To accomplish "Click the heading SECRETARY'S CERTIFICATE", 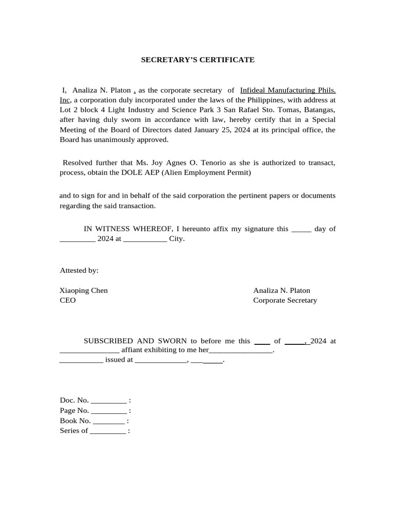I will click(198, 60).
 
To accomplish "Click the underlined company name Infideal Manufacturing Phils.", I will click(288, 90).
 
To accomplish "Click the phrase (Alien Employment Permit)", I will click(206, 172).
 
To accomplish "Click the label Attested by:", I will click(79, 270).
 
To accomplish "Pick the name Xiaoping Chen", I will click(84, 290).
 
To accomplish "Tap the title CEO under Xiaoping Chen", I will click(68, 300).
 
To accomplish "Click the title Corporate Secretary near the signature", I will click(285, 300).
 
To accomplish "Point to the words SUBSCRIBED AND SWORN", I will click(136, 341).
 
